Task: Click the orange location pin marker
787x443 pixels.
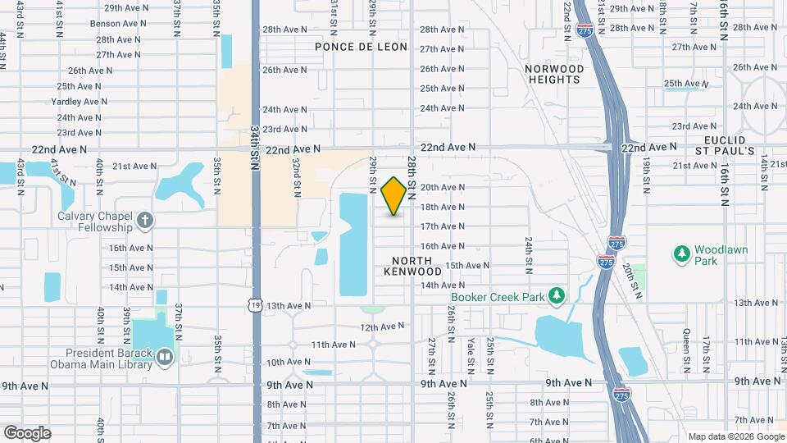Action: click(x=393, y=196)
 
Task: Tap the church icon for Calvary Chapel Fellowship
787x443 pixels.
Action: click(x=145, y=220)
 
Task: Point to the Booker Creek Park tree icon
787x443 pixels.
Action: click(x=557, y=295)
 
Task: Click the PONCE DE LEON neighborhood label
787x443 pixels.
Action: click(x=361, y=47)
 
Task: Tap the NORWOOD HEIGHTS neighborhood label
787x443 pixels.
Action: click(x=554, y=74)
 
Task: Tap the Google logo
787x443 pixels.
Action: click(x=26, y=432)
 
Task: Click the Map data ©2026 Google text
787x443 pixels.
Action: click(x=735, y=436)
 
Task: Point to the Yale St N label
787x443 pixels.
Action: click(x=471, y=349)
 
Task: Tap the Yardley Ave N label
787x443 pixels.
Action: click(x=79, y=102)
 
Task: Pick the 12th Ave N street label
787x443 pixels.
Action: click(x=383, y=327)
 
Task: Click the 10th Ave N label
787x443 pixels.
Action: click(x=288, y=362)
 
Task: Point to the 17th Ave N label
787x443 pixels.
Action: click(x=444, y=226)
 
